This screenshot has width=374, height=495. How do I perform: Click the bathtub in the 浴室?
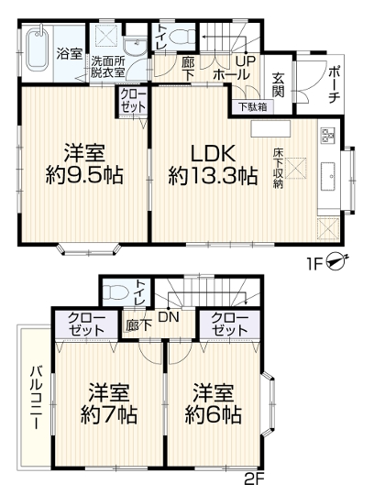click(38, 49)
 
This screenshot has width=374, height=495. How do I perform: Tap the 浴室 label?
click(70, 54)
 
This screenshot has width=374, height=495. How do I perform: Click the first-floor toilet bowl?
click(181, 36)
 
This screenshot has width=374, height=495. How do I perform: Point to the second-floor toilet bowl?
click(115, 292)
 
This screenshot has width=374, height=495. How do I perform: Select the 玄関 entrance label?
click(279, 84)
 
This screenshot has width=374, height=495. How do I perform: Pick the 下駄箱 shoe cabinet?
click(252, 107)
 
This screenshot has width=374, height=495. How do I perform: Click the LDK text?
click(214, 155)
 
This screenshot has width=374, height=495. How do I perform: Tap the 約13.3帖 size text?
click(213, 176)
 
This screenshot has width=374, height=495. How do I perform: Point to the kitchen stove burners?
click(328, 134)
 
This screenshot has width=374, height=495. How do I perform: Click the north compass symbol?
click(336, 261)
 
